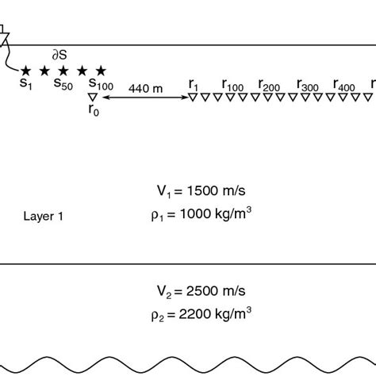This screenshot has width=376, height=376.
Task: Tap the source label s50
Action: pos(63,83)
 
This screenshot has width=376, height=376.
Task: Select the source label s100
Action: pos(100,83)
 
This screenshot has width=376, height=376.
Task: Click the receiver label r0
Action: pos(94,110)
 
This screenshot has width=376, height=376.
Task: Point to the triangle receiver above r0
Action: pos(94,97)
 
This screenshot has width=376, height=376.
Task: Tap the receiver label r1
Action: pos(193,83)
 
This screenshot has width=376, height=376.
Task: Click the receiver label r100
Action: pos(234,83)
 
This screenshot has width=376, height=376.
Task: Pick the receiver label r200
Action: pos(270,83)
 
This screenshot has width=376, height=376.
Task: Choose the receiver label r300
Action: pos(308,83)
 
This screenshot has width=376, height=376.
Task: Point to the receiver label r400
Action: pos(344,83)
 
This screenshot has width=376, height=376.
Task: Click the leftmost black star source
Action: pos(26,71)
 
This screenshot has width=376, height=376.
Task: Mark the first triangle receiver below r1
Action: pos(193,97)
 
